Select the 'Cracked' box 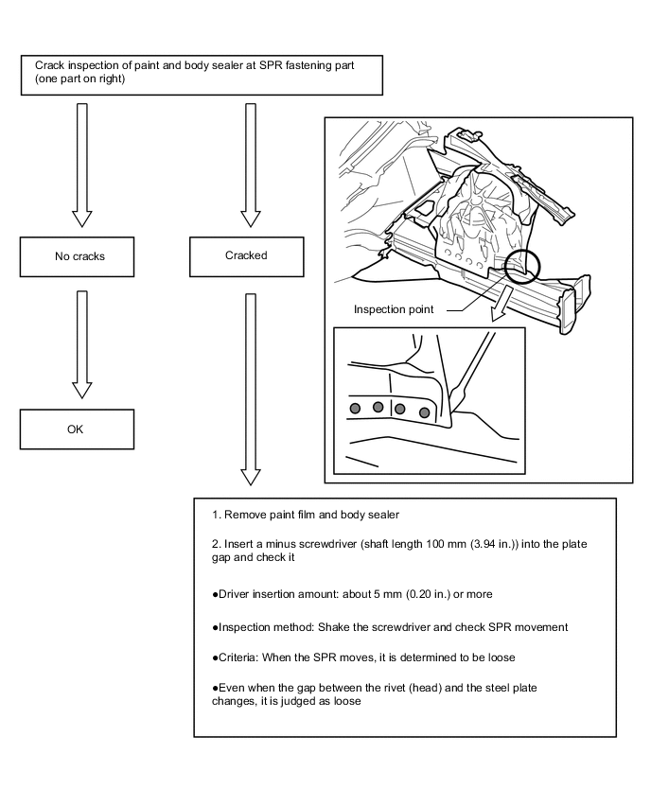(x=246, y=255)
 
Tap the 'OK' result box (x=76, y=429)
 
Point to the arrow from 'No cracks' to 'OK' (x=81, y=342)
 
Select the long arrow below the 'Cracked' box (x=250, y=388)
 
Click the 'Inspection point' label (x=394, y=309)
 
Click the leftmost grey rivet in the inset (x=356, y=408)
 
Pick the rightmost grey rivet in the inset (x=425, y=412)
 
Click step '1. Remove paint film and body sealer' (x=307, y=516)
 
